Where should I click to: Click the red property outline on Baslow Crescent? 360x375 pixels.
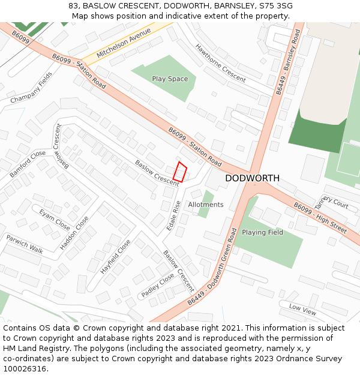pyautogui.click(x=180, y=172)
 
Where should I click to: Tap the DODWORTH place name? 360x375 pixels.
pyautogui.click(x=252, y=178)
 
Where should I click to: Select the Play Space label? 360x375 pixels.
pyautogui.click(x=170, y=79)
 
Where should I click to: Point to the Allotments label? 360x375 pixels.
pyautogui.click(x=206, y=205)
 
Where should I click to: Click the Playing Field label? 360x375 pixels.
pyautogui.click(x=262, y=232)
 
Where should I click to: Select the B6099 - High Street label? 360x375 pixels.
pyautogui.click(x=320, y=218)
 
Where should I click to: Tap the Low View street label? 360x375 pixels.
pyautogui.click(x=302, y=310)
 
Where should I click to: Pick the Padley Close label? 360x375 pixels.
pyautogui.click(x=157, y=286)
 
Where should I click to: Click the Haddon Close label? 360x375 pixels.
pyautogui.click(x=74, y=233)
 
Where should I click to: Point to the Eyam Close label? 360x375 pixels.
pyautogui.click(x=55, y=219)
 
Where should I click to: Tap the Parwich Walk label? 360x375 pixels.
pyautogui.click(x=25, y=244)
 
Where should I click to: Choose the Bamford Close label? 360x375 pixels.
pyautogui.click(x=28, y=164)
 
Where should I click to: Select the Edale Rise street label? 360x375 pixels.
pyautogui.click(x=173, y=217)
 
